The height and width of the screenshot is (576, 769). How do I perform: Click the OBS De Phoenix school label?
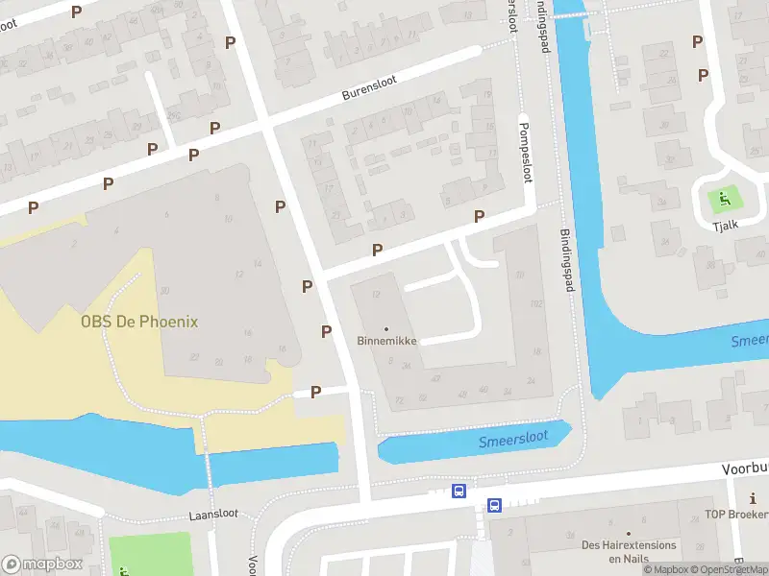pyautogui.click(x=139, y=322)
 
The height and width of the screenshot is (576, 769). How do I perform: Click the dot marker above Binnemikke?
pyautogui.click(x=386, y=328)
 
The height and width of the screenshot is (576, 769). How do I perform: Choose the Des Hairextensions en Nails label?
pyautogui.click(x=629, y=552)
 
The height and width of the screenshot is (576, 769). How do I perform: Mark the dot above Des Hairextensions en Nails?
pyautogui.click(x=629, y=533)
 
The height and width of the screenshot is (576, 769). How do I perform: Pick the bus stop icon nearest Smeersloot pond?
pyautogui.click(x=459, y=492)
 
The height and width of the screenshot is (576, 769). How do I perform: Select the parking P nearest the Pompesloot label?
pyautogui.click(x=479, y=216)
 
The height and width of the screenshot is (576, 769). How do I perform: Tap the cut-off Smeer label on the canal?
pyautogui.click(x=749, y=341)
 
